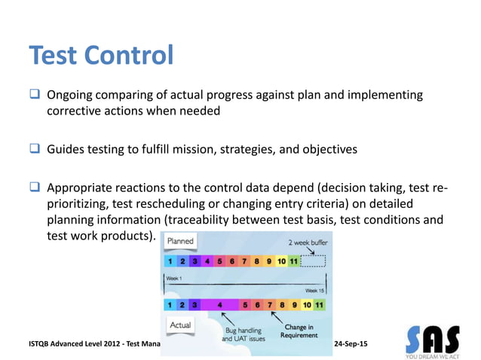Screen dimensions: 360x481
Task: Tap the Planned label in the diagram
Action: coord(180,241)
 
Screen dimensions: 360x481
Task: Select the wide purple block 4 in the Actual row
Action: coord(219,305)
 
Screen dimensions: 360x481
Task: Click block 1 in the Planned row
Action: coord(171,261)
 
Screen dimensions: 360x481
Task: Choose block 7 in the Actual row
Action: coord(270,305)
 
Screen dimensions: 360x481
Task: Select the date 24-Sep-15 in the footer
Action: coord(351,343)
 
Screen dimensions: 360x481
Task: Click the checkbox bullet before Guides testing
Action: coord(35,149)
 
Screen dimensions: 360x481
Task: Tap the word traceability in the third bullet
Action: coord(282,221)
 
